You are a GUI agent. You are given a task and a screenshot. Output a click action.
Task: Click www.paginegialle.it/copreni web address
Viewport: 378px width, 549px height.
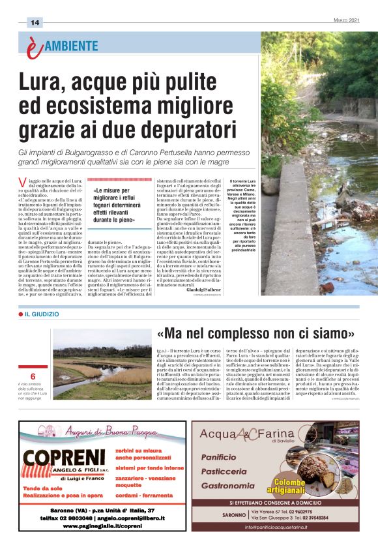click(103, 526)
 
